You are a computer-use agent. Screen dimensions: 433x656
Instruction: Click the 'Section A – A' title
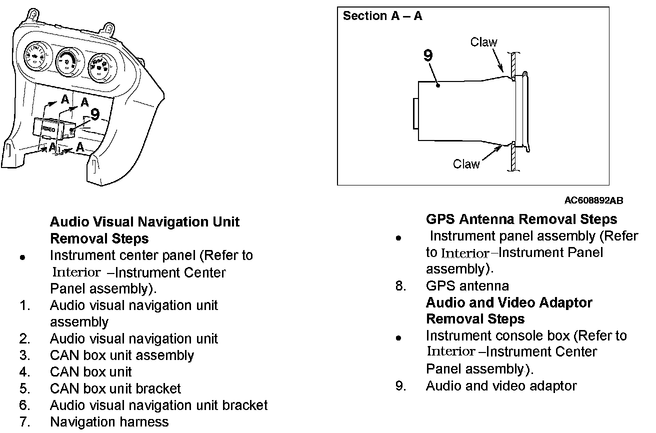point(382,16)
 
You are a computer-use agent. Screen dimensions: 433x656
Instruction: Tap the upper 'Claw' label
point(483,42)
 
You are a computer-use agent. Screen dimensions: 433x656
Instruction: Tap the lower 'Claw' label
point(466,163)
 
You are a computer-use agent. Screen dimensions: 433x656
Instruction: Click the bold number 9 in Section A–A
point(428,55)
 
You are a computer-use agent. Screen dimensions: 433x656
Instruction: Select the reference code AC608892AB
point(593,201)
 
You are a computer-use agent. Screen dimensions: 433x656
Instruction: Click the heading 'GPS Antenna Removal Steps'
point(521,219)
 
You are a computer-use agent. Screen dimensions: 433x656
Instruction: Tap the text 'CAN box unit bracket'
point(115,388)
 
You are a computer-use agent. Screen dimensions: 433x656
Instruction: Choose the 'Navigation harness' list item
point(109,422)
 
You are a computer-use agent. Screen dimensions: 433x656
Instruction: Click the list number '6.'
point(25,405)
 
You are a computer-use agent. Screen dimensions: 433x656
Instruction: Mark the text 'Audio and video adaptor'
point(501,386)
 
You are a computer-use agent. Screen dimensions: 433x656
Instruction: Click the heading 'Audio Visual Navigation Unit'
point(144,221)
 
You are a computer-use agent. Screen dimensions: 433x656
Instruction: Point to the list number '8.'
point(400,286)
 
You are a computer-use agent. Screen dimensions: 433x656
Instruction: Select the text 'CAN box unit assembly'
point(121,355)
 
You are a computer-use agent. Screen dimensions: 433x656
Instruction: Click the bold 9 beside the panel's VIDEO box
point(95,114)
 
